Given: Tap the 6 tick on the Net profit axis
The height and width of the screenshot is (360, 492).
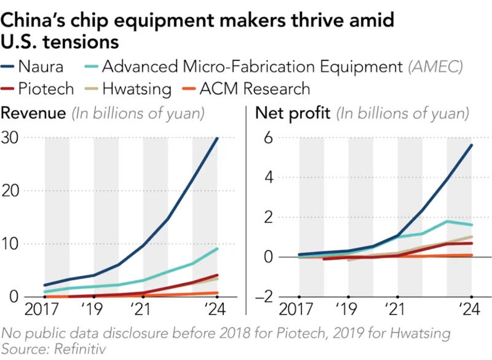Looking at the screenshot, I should coord(268,137).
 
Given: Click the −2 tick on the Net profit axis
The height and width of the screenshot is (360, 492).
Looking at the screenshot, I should coord(263,297).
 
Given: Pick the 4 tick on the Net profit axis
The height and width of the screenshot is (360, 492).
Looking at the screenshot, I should coord(268,177).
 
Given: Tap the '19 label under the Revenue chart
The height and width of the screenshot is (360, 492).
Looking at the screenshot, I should coord(94,310).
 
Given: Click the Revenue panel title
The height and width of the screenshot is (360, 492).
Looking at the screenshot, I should coord(34,113).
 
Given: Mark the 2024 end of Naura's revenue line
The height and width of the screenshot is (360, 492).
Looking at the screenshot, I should coord(216,138).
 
